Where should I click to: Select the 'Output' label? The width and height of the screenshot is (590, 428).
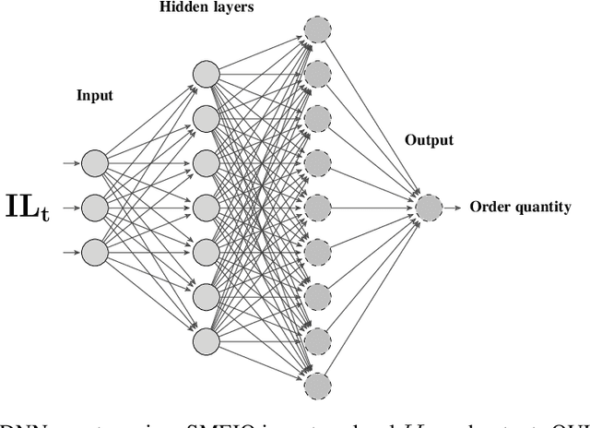click(429, 140)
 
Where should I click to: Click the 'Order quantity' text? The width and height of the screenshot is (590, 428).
click(520, 207)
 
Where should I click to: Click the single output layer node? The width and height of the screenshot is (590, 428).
click(429, 207)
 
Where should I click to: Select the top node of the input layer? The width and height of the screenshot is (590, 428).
click(95, 164)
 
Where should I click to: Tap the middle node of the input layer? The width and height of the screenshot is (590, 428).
click(95, 207)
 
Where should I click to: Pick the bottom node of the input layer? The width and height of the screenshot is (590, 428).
click(95, 250)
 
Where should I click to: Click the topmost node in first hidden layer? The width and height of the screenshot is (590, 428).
click(206, 74)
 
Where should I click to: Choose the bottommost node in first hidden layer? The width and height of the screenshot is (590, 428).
click(206, 339)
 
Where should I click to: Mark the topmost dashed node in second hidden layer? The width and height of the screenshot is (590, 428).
click(317, 30)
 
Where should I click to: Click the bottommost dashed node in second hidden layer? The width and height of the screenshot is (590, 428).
click(317, 384)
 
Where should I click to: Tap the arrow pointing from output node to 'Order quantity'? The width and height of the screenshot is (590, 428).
click(454, 207)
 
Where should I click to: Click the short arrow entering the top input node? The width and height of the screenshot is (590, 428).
click(71, 164)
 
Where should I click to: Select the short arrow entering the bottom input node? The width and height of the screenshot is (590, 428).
click(71, 250)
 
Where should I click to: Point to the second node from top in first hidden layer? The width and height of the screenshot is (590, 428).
click(206, 118)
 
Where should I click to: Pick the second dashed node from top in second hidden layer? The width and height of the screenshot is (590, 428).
click(317, 74)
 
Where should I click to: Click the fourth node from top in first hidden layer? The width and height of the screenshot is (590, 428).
click(206, 207)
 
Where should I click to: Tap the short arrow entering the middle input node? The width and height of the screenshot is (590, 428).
click(71, 207)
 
